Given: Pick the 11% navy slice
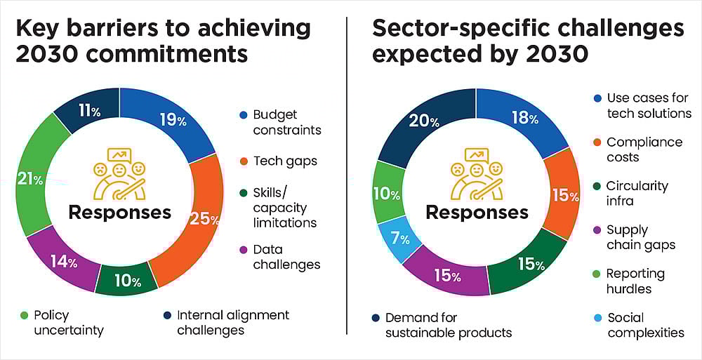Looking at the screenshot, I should (x=87, y=111).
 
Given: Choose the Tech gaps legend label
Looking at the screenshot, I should (x=284, y=161).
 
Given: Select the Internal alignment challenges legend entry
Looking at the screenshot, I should (x=232, y=323).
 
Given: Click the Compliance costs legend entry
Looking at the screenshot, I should (x=644, y=149).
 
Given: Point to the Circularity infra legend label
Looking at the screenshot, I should (x=637, y=193).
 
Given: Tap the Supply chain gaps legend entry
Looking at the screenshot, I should (x=640, y=237).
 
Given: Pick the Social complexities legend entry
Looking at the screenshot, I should (x=645, y=325).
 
